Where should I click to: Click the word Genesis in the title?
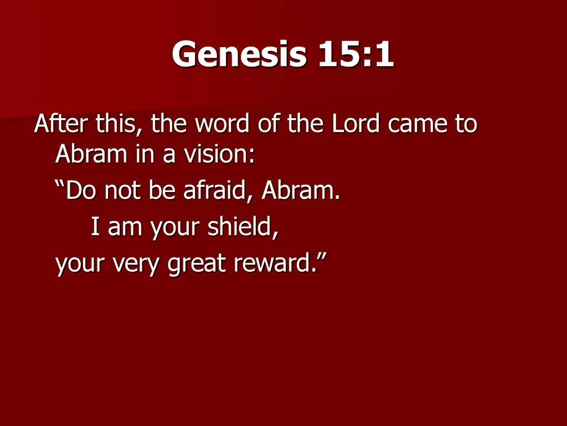pos(239,55)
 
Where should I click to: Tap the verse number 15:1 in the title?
pos(356,55)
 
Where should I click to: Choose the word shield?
pos(246,227)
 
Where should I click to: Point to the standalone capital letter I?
pos(95,227)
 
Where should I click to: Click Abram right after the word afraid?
pos(299,191)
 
